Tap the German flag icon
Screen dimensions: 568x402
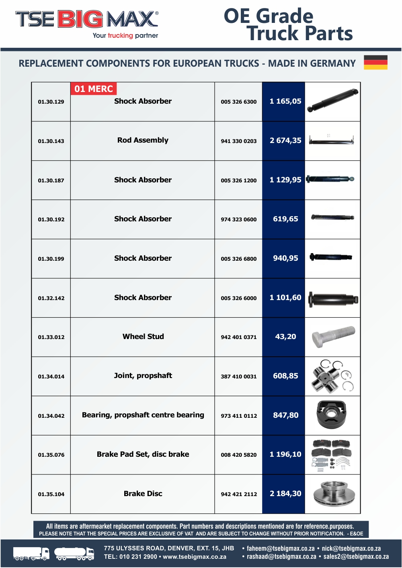(375, 62)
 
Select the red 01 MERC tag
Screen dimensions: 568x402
(94, 89)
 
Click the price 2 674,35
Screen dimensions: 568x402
(285, 141)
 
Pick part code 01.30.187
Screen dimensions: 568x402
(51, 180)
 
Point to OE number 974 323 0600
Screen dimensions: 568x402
(238, 219)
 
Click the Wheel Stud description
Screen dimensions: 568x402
(143, 337)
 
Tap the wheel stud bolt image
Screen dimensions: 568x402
(333, 337)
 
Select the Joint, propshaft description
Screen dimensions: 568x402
(143, 376)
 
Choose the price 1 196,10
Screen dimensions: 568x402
(285, 454)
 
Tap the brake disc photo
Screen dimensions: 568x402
(332, 494)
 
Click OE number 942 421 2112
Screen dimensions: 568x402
(239, 494)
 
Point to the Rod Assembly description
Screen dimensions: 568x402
(143, 140)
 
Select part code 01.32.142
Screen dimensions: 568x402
(51, 298)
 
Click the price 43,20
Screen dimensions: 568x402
(285, 337)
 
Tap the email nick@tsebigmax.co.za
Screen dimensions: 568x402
(351, 548)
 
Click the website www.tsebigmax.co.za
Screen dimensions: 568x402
(195, 557)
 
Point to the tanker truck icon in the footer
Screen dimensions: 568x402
(74, 554)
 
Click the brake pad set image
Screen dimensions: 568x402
(332, 454)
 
